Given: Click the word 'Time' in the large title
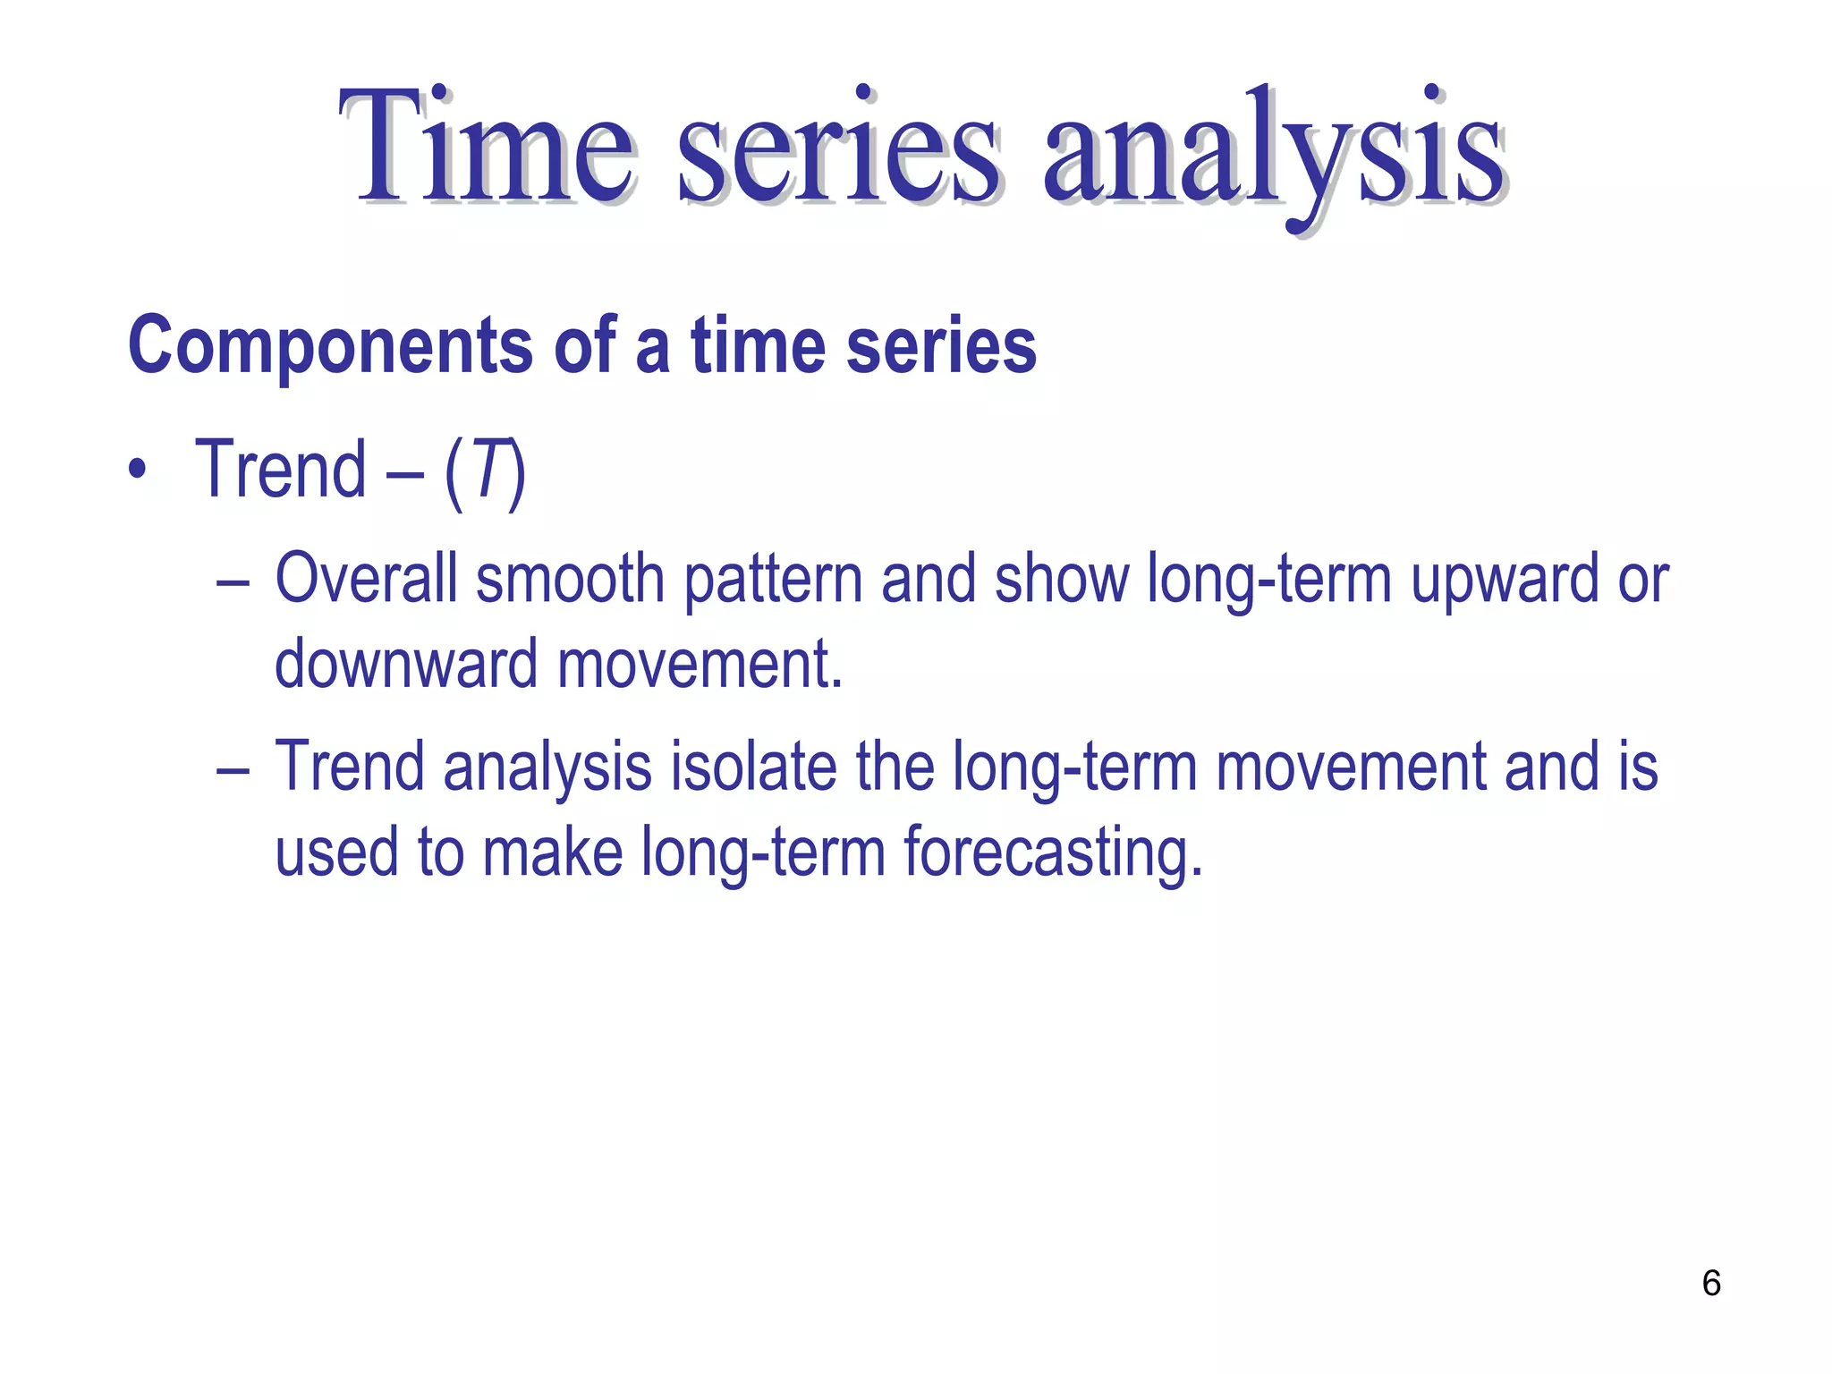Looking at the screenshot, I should (488, 148).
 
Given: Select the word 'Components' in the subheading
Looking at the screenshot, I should (331, 347).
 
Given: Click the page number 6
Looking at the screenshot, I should (1711, 1283).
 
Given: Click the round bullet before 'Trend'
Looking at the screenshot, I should (136, 471).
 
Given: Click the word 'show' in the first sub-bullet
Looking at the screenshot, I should (1062, 579).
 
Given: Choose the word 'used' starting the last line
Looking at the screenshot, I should (336, 852).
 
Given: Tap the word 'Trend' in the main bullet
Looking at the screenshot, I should (281, 470).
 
